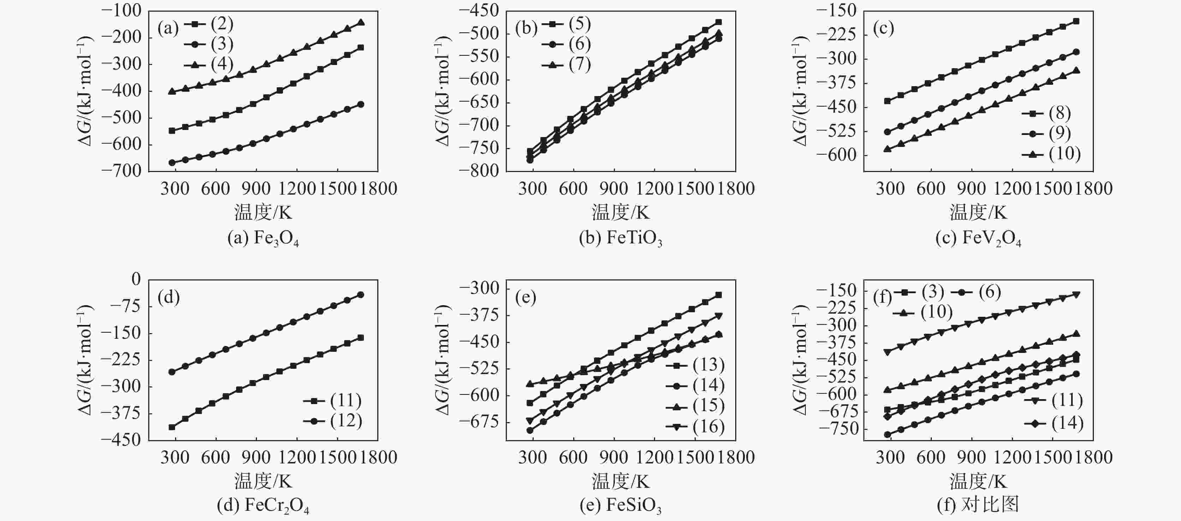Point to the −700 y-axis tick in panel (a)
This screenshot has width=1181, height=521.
(x=121, y=171)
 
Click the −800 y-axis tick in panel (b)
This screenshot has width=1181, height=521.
(x=479, y=171)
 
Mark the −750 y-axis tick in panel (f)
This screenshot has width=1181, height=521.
(x=837, y=429)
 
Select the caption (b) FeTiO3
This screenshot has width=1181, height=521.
(x=620, y=238)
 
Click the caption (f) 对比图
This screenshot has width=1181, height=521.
(x=978, y=505)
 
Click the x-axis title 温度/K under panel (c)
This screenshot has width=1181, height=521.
(x=978, y=212)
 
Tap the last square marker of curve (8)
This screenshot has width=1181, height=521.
(x=1076, y=21)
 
